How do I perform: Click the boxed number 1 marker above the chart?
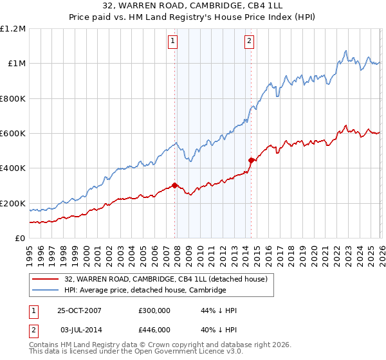(174, 42)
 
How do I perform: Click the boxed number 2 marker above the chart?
(249, 42)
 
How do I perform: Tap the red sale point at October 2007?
(174, 186)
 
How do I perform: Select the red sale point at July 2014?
(251, 160)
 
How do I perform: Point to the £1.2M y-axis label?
(13, 29)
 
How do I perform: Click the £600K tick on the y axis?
(13, 134)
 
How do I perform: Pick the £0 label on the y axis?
(21, 239)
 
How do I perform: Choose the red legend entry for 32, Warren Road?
(170, 279)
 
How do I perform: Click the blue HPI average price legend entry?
(145, 290)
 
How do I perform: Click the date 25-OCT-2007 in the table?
(79, 310)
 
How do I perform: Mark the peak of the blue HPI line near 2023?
(346, 50)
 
